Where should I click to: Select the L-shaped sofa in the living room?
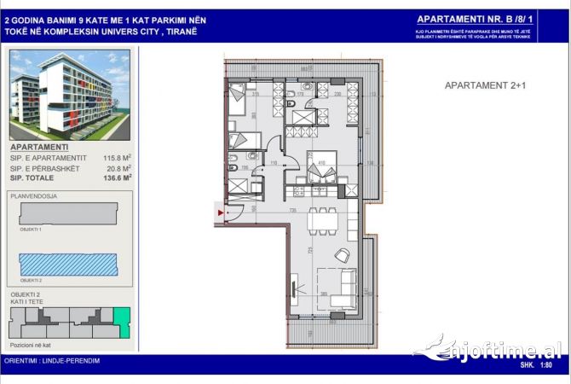340,288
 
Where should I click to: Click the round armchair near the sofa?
342,254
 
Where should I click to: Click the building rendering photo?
70,94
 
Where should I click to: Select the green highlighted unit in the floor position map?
122,322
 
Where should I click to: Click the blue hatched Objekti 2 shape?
66,266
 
